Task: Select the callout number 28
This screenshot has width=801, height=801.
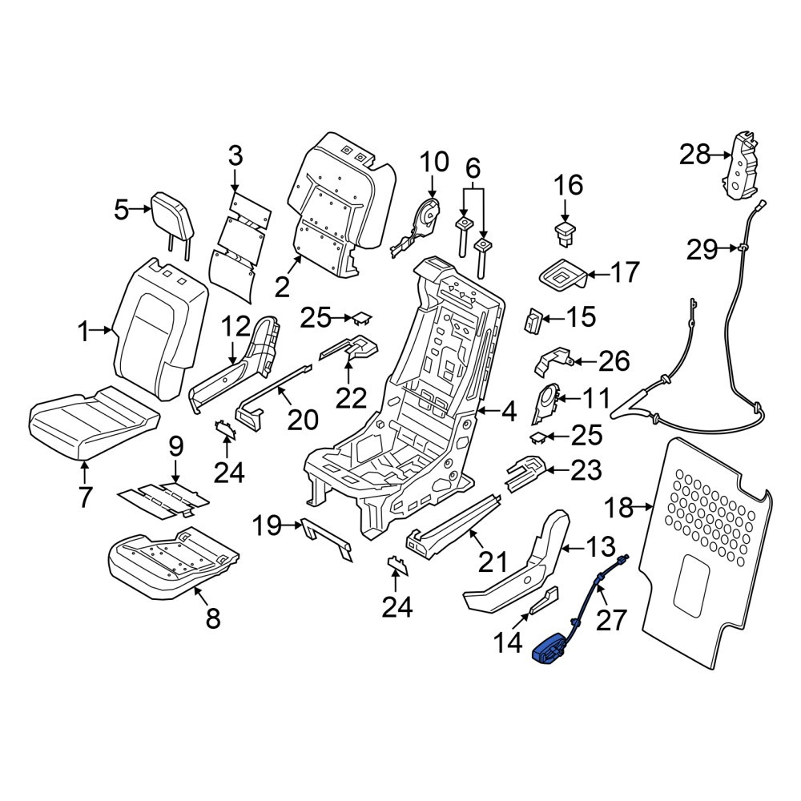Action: pyautogui.click(x=694, y=154)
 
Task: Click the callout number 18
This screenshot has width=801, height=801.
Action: pyautogui.click(x=618, y=509)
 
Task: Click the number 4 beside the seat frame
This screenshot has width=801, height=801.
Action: pyautogui.click(x=509, y=412)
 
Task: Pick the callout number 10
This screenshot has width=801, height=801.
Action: pyautogui.click(x=434, y=162)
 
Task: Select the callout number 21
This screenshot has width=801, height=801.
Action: pyautogui.click(x=493, y=562)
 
